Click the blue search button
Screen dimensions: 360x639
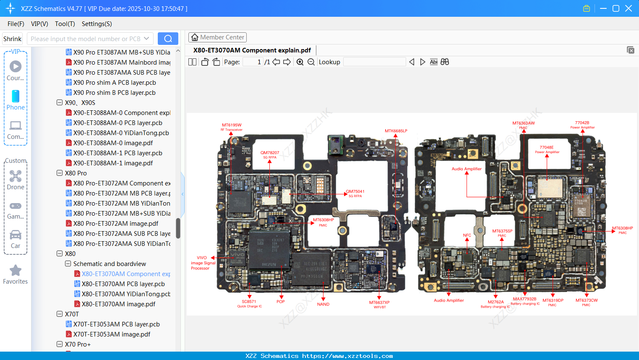pyautogui.click(x=168, y=39)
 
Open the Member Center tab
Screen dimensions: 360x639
pyautogui.click(x=217, y=37)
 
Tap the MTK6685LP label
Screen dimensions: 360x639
pyautogui.click(x=396, y=131)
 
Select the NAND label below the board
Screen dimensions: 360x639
pyautogui.click(x=323, y=304)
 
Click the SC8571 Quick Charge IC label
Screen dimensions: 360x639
pyautogui.click(x=249, y=303)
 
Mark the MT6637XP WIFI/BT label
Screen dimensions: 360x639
pyautogui.click(x=379, y=304)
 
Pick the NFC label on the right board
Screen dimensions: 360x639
pyautogui.click(x=467, y=235)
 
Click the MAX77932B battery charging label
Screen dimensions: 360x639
pyautogui.click(x=524, y=301)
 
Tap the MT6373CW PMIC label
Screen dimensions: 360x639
pyautogui.click(x=586, y=302)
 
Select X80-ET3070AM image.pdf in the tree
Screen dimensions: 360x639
pyautogui.click(x=118, y=304)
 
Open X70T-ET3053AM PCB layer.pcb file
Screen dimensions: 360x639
pyautogui.click(x=116, y=324)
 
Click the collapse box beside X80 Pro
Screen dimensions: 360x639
pyautogui.click(x=60, y=173)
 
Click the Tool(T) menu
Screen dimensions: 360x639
pyautogui.click(x=65, y=24)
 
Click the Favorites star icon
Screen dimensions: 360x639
pyautogui.click(x=16, y=271)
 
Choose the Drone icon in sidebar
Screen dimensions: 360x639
pyautogui.click(x=16, y=176)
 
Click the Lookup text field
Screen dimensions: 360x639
pyautogui.click(x=374, y=62)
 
